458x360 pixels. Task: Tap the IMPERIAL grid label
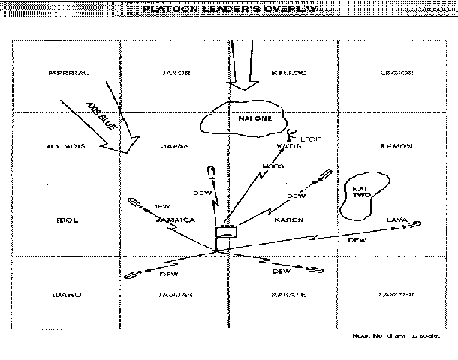67,73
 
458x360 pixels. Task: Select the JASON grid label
176,73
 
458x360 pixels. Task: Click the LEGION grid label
396,73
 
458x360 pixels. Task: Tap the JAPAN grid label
177,146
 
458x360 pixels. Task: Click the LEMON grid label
396,146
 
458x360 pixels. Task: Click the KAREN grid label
288,220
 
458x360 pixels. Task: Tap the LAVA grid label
396,219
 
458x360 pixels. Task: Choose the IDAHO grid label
67,295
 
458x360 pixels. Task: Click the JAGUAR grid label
177,295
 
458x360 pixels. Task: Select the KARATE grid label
288,295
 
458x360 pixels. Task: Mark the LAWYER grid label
396,295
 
